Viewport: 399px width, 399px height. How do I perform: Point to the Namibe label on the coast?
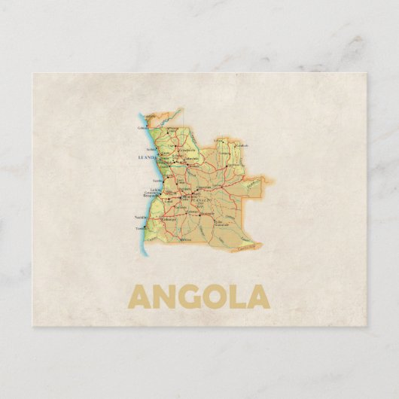coord(141,216)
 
